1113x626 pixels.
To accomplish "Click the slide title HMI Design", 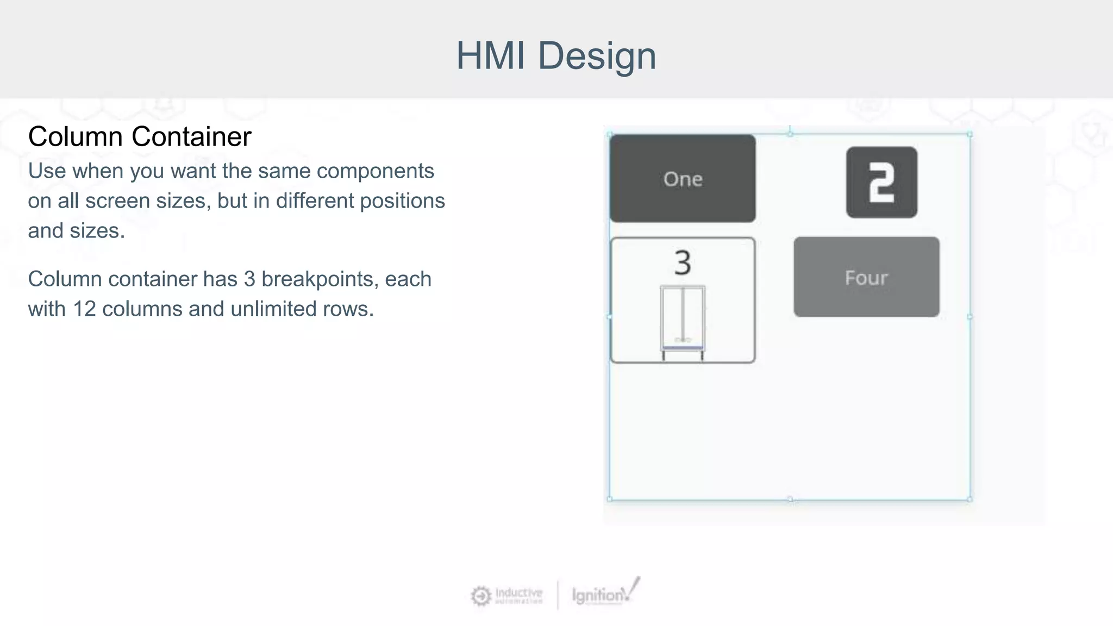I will tap(556, 55).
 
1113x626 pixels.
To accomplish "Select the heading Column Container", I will tap(140, 136).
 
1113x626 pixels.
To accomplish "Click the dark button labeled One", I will tap(683, 179).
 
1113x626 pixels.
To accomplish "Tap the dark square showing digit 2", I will tap(881, 183).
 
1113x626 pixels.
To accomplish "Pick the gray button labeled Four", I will tap(866, 277).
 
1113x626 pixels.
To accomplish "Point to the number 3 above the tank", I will tap(683, 263).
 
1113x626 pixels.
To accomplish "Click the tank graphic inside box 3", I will tap(683, 321).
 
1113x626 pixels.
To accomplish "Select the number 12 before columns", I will tap(84, 309).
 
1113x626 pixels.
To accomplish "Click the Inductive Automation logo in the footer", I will tap(507, 596).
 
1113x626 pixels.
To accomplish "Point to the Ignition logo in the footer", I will tap(604, 594).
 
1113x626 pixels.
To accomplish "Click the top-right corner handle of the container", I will tap(970, 134).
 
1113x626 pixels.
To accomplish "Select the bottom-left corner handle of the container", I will tap(610, 499).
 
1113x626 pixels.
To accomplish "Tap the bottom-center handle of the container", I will tap(790, 499).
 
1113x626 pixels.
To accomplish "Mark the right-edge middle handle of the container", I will tap(970, 316).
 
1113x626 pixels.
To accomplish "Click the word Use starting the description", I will tap(47, 171).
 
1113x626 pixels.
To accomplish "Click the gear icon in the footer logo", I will tap(480, 596).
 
